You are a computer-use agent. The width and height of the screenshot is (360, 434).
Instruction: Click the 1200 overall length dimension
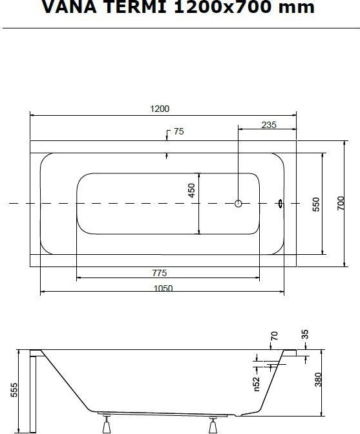coord(160,109)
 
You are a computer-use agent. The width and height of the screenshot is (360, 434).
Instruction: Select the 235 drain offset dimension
coord(269,125)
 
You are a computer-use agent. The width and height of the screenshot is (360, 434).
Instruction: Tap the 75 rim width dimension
coord(178,131)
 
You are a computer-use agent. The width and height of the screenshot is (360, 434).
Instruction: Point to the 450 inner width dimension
coord(191,190)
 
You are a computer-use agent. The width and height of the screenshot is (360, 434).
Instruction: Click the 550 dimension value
coord(316,204)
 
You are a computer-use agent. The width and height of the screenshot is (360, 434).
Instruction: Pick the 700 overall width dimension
coord(341,203)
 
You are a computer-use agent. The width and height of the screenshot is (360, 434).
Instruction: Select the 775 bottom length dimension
coord(160,273)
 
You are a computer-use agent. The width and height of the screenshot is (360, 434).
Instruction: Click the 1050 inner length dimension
coord(163,288)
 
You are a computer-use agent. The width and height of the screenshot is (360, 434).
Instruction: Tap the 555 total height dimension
coord(14,390)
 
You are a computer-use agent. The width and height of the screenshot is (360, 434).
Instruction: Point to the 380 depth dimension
coord(319,380)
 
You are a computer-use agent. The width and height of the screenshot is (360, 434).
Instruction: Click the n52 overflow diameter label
coord(257,384)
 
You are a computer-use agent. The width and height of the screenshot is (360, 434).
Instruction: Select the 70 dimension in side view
coord(274,336)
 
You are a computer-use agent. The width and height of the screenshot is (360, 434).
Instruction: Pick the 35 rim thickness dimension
coord(304,334)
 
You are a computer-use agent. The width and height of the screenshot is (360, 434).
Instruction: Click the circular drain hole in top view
coord(238,204)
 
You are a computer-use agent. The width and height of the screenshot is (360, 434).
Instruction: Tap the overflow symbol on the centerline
coord(281,204)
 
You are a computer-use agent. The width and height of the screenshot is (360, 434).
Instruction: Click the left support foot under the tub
coord(107,424)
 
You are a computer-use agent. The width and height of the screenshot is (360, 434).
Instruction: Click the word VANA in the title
coord(69,6)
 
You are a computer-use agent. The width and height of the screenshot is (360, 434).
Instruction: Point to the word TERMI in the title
coord(136,6)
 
